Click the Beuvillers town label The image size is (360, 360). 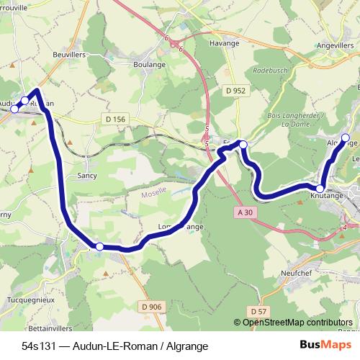(70, 54)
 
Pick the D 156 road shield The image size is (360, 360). (114, 118)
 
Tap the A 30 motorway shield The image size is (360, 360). (246, 212)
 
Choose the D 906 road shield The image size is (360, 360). (152, 307)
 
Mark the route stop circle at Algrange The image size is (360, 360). (345, 137)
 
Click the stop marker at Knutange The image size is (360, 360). (320, 188)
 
